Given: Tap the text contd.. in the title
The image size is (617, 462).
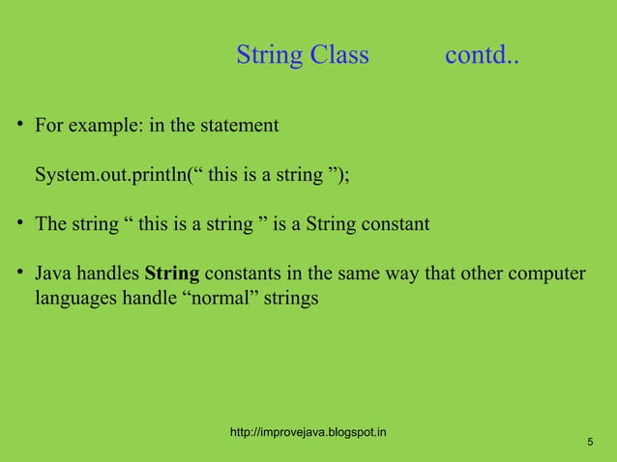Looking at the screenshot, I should tap(482, 56).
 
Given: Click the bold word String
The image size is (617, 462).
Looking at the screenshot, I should tap(172, 274).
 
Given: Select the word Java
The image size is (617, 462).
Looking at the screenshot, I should tap(54, 274).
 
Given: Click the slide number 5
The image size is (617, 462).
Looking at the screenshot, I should tap(590, 442).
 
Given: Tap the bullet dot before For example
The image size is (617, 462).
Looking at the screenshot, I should tap(19, 127).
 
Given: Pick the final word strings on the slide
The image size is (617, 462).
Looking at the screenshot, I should tap(290, 300).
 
